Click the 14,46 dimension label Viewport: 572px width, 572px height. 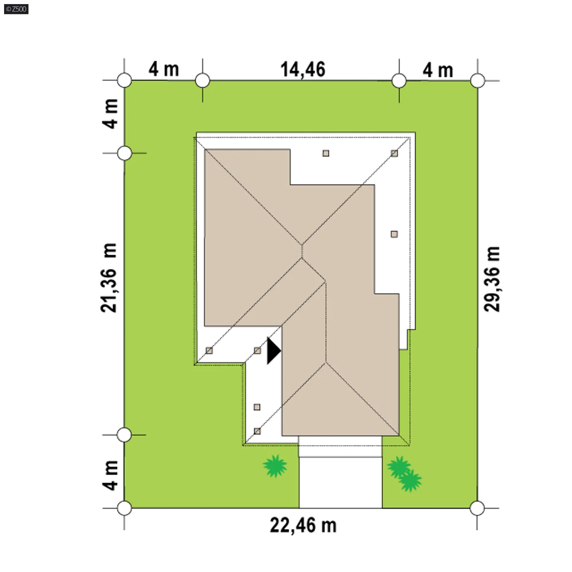[x=303, y=69]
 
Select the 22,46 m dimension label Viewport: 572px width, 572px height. [x=303, y=525]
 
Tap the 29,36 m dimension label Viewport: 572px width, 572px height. [x=492, y=279]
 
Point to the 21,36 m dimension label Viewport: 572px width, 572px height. [x=109, y=278]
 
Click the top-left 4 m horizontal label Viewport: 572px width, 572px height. [x=163, y=69]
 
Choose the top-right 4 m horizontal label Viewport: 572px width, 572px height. [x=438, y=70]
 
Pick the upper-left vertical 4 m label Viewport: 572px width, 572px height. [x=110, y=114]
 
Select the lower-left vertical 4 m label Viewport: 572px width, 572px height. [x=110, y=475]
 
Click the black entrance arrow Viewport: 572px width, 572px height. [x=273, y=351]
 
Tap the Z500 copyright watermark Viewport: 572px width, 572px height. [x=16, y=9]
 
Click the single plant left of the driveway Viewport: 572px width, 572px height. [x=275, y=466]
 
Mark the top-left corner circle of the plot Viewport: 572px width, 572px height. [x=124, y=80]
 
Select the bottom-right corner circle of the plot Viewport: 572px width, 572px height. [x=477, y=508]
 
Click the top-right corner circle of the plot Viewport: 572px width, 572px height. [x=477, y=80]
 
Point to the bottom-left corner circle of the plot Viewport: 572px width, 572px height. [x=124, y=508]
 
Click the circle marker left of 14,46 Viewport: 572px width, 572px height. [x=203, y=80]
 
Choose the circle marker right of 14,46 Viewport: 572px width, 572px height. [x=399, y=80]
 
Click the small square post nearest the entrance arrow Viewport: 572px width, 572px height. [x=257, y=350]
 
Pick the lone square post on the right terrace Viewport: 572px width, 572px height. [x=394, y=234]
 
